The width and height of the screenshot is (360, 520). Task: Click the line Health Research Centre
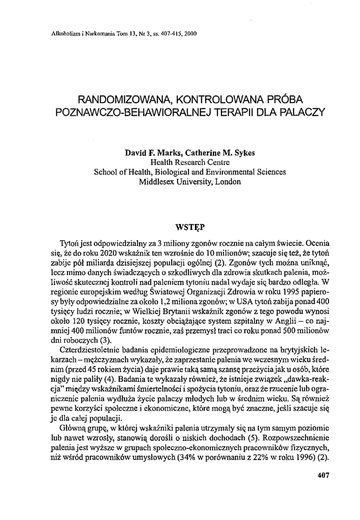tap(190, 162)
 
